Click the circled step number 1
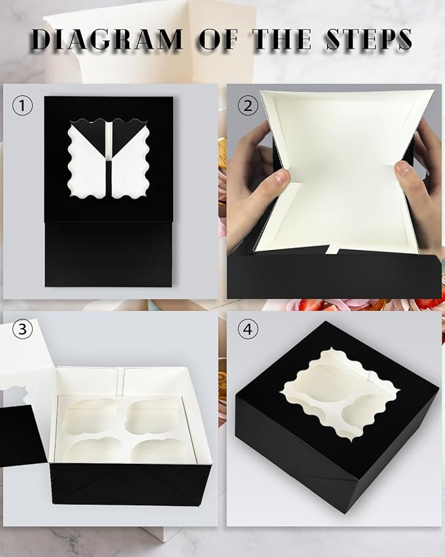[23, 106]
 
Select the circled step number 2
[247, 106]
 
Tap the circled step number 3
[23, 329]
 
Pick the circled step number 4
[247, 329]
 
